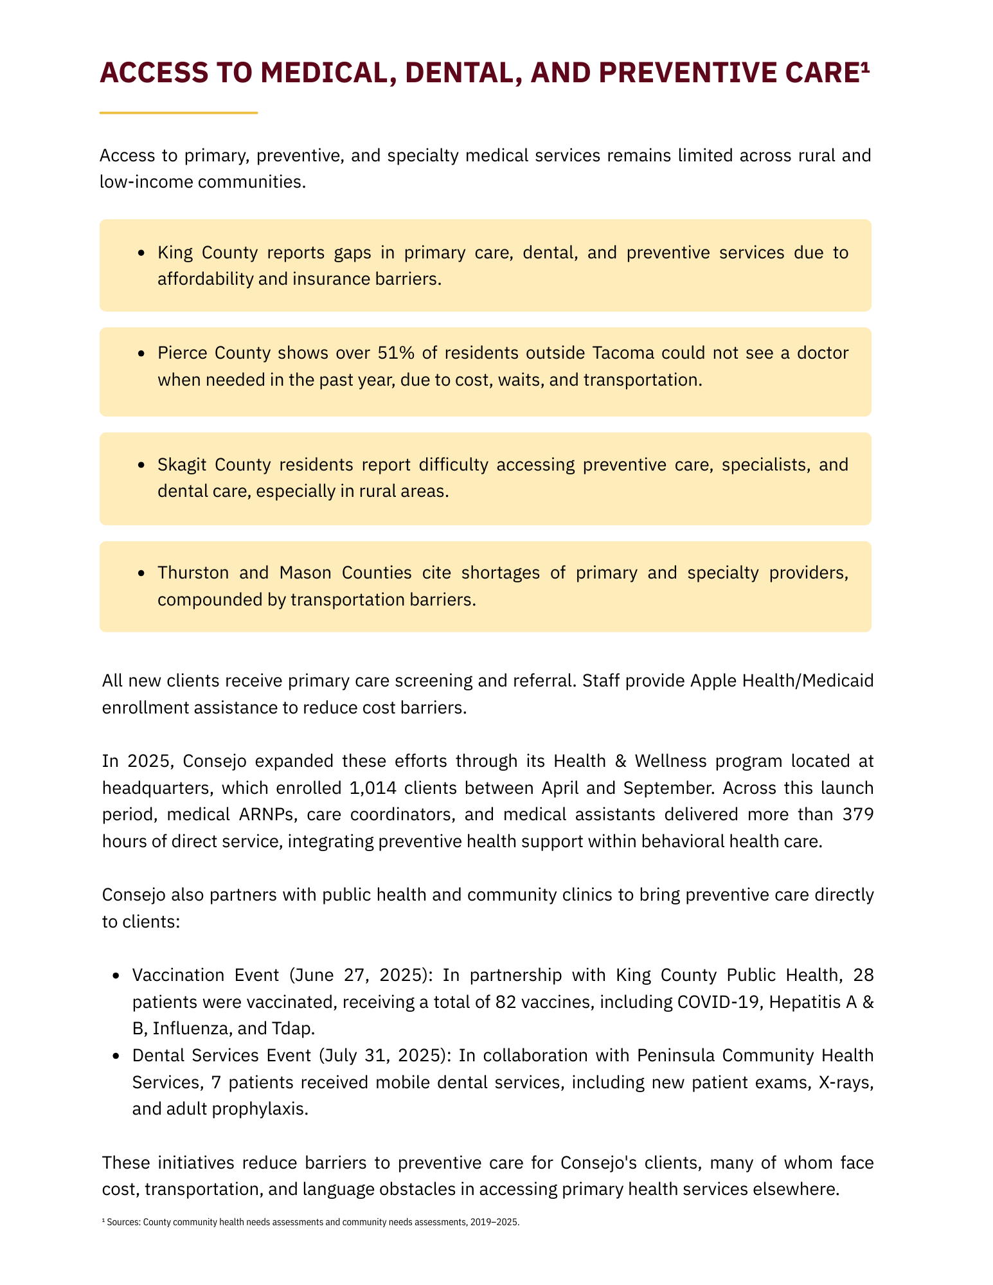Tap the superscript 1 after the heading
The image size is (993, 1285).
click(865, 69)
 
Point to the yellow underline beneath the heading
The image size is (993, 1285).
click(179, 113)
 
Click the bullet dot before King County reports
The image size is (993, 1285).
click(141, 253)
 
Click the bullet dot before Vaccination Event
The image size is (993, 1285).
click(116, 976)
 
